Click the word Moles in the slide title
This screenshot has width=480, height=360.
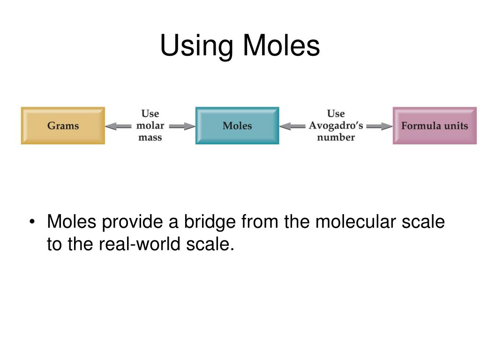(281, 46)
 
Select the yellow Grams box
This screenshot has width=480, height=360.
(63, 126)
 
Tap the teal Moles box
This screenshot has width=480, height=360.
(237, 126)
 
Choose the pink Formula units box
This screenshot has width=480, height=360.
(435, 126)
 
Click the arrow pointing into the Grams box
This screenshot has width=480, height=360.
(118, 126)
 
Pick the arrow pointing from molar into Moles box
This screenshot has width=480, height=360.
(182, 126)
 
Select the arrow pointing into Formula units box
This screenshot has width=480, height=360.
(379, 126)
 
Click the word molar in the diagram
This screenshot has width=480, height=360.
(150, 126)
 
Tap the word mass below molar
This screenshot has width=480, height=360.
(150, 137)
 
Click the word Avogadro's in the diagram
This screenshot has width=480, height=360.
(336, 126)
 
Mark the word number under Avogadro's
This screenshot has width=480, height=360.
(336, 137)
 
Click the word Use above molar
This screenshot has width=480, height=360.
(150, 114)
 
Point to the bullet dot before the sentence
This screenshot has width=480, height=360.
(32, 222)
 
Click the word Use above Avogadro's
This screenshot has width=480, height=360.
(336, 114)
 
